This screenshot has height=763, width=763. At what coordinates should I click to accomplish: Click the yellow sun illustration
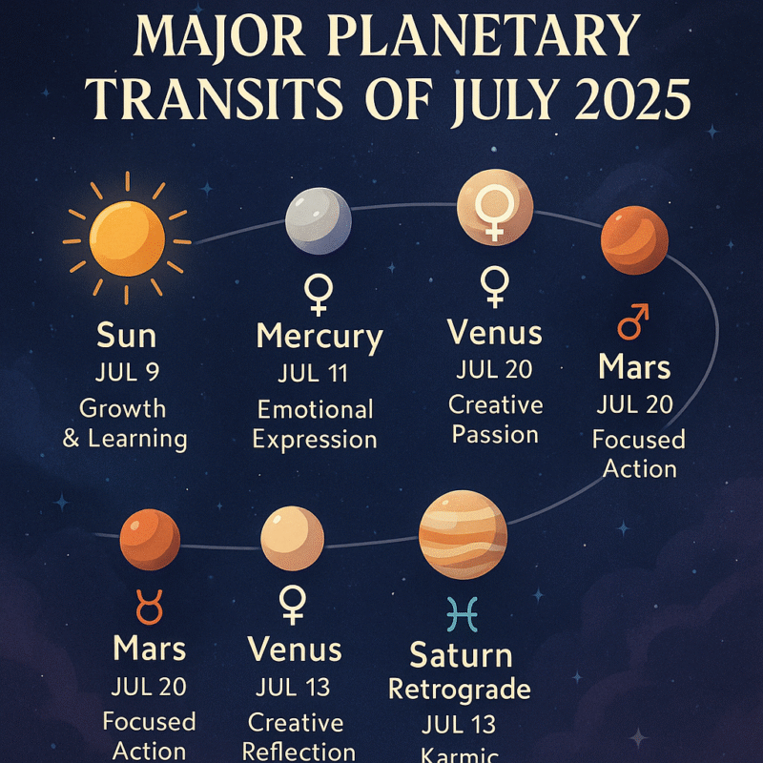(127, 237)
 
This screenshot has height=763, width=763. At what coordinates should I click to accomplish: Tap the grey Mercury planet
(318, 220)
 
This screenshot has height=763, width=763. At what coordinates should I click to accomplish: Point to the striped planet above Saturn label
(463, 535)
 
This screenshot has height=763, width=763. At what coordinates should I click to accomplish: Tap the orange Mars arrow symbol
(633, 322)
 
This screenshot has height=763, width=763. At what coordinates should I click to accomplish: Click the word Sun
(127, 336)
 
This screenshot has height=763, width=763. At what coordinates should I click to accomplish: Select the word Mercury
(320, 337)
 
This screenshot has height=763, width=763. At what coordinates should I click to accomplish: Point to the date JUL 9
(127, 373)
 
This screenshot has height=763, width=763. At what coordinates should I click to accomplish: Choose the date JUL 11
(316, 374)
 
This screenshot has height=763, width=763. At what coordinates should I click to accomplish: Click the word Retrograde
(460, 688)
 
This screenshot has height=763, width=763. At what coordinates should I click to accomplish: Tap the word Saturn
(461, 655)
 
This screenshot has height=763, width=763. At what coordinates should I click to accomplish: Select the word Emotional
(316, 410)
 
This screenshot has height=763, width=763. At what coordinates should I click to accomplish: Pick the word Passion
(495, 435)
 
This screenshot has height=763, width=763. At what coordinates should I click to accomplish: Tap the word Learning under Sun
(137, 439)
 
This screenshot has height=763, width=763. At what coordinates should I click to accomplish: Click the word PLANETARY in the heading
(484, 36)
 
